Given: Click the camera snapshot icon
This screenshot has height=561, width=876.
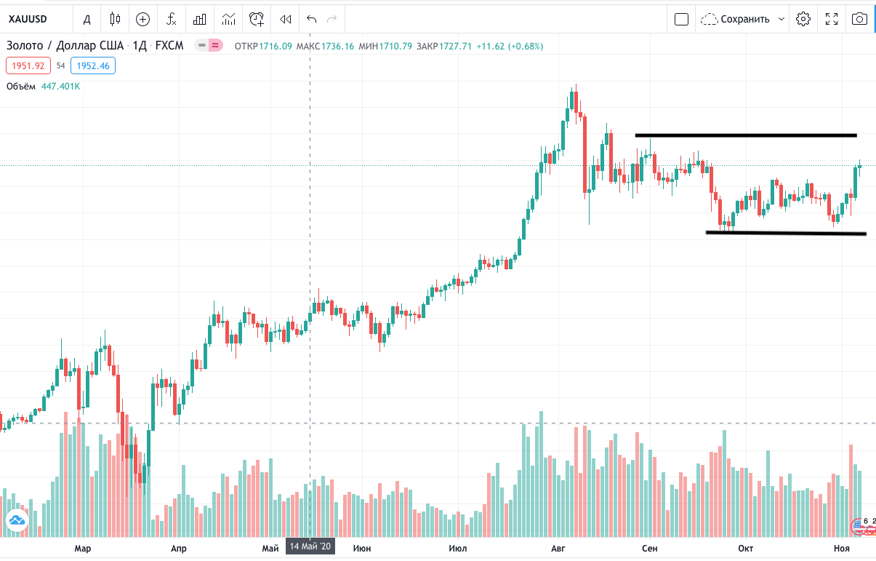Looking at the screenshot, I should (859, 19).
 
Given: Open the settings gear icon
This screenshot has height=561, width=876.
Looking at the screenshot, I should (803, 19).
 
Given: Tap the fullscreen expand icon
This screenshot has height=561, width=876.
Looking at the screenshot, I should (832, 19).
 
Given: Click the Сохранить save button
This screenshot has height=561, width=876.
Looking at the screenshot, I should (743, 19).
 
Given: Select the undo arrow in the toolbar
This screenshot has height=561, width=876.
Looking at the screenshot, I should (312, 19).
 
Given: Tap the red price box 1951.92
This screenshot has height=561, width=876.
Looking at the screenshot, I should (28, 65).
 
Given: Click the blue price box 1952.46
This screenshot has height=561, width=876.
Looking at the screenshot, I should (93, 65).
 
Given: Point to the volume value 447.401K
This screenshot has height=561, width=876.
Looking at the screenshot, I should (60, 86).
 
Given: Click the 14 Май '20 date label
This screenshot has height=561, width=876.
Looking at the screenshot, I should (310, 546).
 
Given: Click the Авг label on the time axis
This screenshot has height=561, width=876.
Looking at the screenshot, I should (558, 547).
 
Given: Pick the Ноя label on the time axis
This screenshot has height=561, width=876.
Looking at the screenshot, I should (842, 547).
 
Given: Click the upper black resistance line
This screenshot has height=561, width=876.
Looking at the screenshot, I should (745, 135).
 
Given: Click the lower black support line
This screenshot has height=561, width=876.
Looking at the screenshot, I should (785, 233).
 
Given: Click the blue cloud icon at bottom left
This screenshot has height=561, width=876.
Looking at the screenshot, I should (16, 520).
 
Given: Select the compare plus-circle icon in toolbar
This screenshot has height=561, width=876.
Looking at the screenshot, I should (142, 19).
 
